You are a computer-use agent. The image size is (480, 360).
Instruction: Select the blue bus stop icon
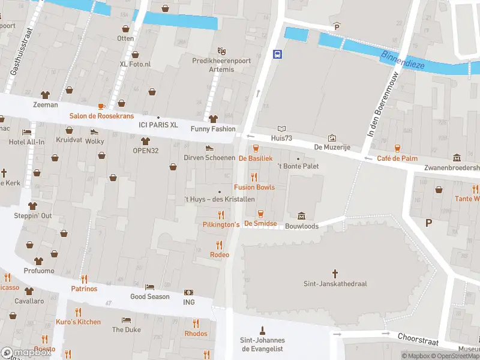tap(278, 55)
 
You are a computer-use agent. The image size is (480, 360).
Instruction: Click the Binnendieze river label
tap(404, 59)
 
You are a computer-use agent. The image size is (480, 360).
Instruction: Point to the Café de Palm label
tap(397, 158)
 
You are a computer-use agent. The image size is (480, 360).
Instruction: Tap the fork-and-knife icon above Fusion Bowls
tap(254, 177)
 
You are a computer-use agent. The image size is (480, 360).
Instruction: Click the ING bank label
tap(189, 302)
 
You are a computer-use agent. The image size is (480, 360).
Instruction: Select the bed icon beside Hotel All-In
tap(26, 132)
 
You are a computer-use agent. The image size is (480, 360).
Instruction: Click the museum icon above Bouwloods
tap(301, 216)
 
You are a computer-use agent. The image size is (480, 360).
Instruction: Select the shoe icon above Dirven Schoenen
tap(209, 148)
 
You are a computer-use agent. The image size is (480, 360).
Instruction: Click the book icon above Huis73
tap(282, 128)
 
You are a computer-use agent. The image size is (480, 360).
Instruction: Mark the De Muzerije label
tap(332, 148)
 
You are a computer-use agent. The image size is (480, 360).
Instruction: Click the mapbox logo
tap(26, 353)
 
